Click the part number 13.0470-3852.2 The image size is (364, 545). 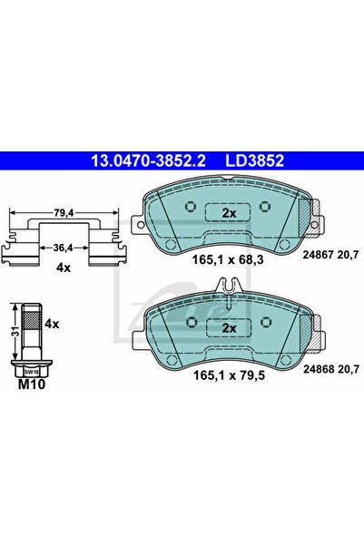point(146,160)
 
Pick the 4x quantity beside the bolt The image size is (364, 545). point(51,323)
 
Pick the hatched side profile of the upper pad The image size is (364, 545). point(304,214)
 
